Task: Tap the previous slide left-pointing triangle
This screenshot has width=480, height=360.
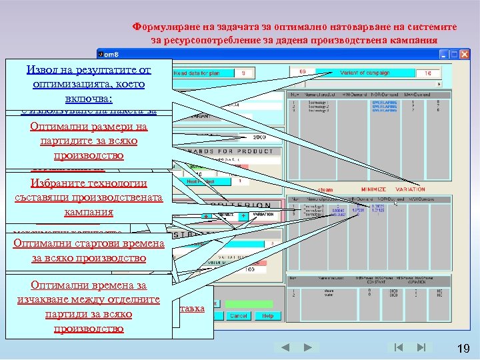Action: [284, 347]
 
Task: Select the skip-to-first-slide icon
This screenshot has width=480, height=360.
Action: [398, 347]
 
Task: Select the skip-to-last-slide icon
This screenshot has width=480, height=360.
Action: [421, 347]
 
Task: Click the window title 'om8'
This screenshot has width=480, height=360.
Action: [111, 53]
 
